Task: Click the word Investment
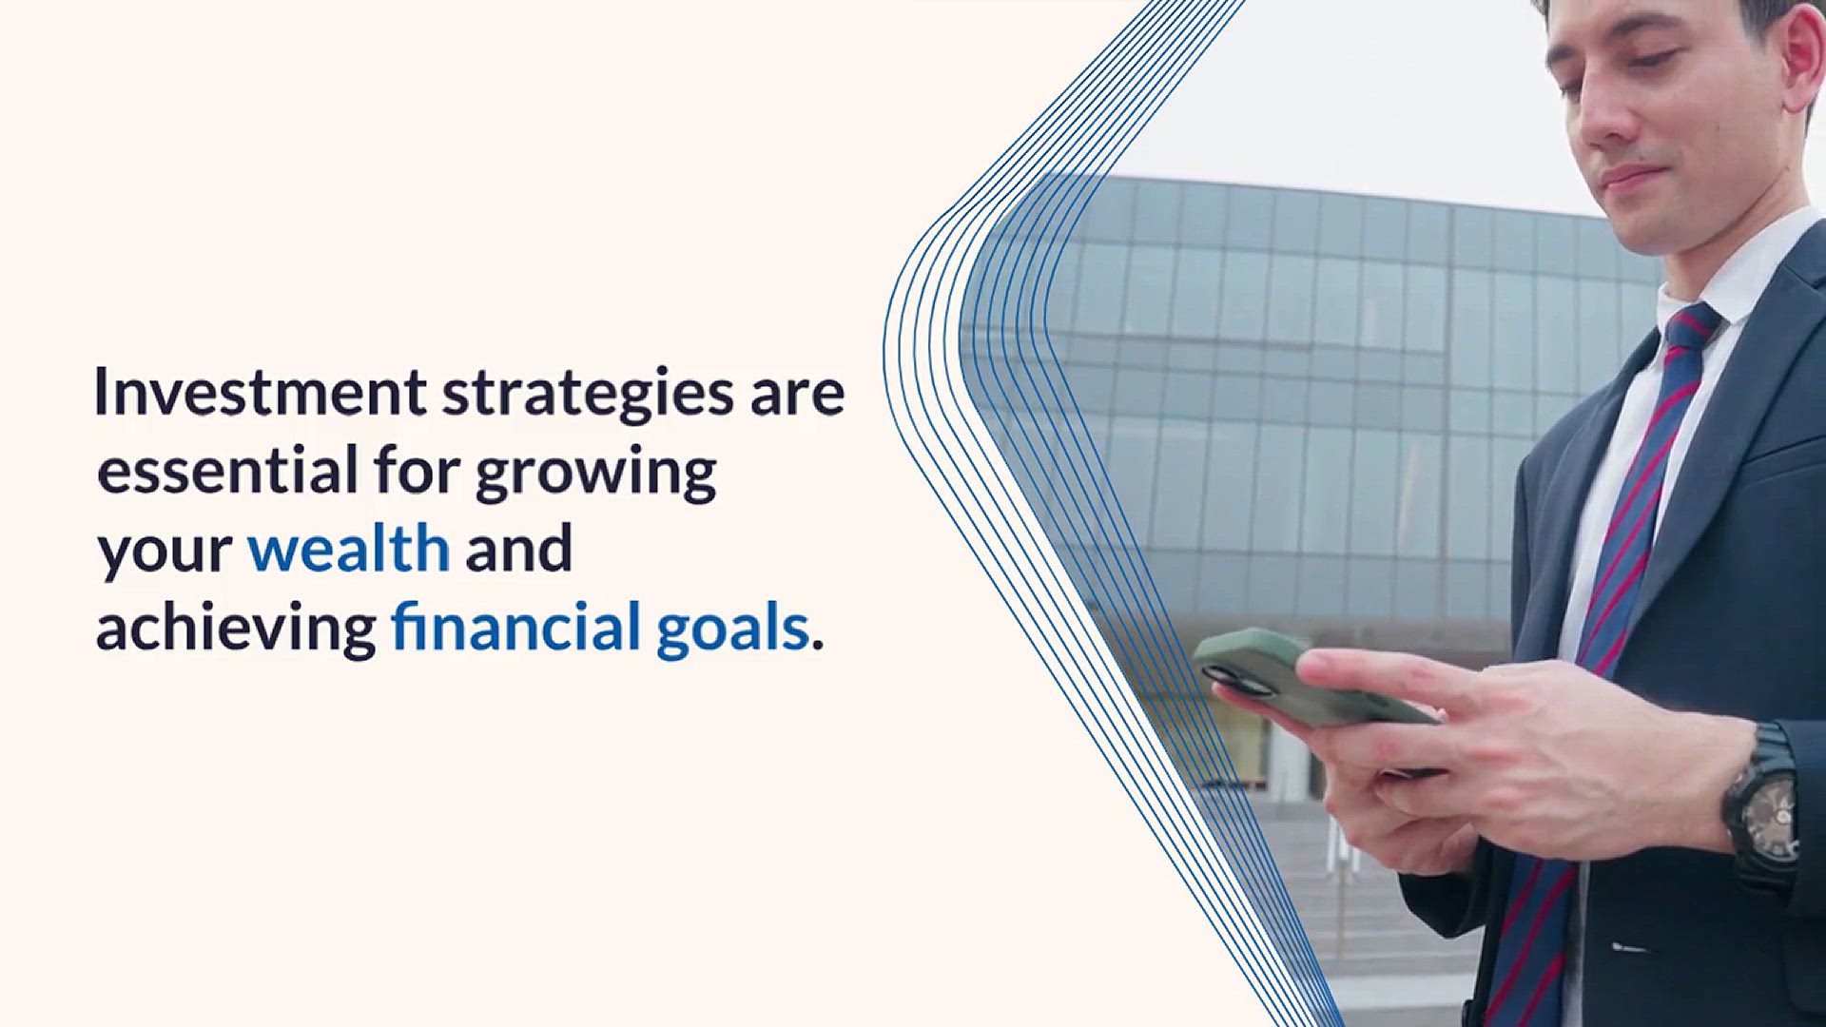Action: [261, 392]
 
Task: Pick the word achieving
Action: [236, 630]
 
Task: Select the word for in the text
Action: [418, 470]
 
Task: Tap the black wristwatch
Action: [1762, 808]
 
